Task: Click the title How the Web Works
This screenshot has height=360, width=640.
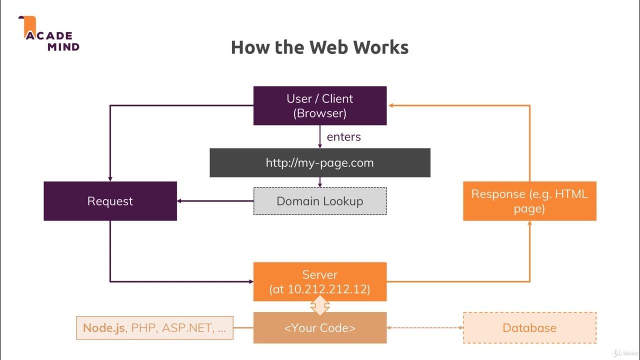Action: tap(319, 47)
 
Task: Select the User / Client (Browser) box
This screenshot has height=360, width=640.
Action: tap(319, 105)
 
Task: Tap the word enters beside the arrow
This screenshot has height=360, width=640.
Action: tap(343, 136)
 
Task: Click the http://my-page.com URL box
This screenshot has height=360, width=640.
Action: tap(319, 162)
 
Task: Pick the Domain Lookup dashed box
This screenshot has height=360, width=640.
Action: tap(319, 201)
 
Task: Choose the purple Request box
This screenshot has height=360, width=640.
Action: tap(110, 201)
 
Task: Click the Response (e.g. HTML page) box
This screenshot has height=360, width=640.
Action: tap(529, 201)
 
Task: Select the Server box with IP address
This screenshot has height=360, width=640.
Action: tap(319, 282)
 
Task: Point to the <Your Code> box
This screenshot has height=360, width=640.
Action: tap(319, 328)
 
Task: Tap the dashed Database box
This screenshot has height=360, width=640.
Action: tap(529, 328)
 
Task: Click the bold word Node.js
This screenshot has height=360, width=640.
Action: tap(104, 328)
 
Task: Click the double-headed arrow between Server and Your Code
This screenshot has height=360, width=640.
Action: tap(319, 306)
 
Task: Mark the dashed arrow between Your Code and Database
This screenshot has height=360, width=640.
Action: tap(425, 328)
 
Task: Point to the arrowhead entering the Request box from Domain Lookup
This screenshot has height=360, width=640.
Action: tap(180, 201)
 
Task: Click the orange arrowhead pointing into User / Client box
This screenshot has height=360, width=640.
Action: tap(390, 105)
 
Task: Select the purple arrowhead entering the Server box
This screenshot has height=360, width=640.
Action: tap(250, 281)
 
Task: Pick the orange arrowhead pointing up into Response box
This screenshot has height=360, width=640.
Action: tap(529, 223)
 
